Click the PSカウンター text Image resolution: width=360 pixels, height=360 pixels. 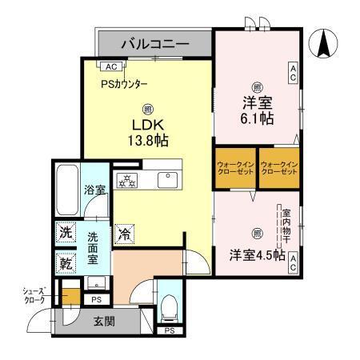(x=124, y=84)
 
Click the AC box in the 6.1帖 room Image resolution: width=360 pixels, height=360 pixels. (x=294, y=74)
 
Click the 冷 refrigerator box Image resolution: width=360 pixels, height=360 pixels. (x=124, y=234)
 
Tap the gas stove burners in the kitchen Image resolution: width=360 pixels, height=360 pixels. (x=127, y=179)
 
